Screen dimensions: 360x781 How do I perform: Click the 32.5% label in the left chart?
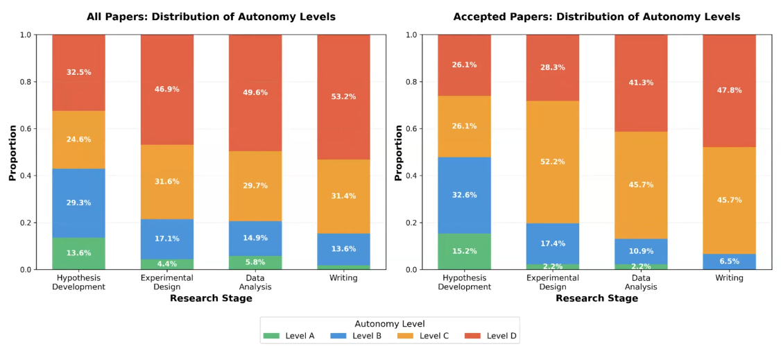[x=78, y=72]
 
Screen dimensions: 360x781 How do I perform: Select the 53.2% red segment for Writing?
[x=343, y=96]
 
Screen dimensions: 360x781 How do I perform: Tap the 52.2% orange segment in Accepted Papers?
[x=552, y=162]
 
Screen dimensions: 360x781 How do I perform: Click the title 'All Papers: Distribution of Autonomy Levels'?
[x=211, y=17]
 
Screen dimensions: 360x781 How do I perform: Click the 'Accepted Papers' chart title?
[x=597, y=17]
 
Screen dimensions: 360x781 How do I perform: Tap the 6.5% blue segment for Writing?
[x=729, y=262]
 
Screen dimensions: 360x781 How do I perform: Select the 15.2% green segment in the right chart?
[x=464, y=251]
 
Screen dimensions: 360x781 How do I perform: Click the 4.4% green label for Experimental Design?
[x=167, y=264]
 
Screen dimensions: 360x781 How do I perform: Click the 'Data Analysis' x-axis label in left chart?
[x=255, y=282]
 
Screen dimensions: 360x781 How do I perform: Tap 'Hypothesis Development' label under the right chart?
[x=464, y=282]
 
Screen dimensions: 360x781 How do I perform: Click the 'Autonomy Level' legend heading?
[x=389, y=324]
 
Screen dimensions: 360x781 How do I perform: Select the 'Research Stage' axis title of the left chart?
[x=211, y=299]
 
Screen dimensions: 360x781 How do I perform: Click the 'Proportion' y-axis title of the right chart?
[x=398, y=153]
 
